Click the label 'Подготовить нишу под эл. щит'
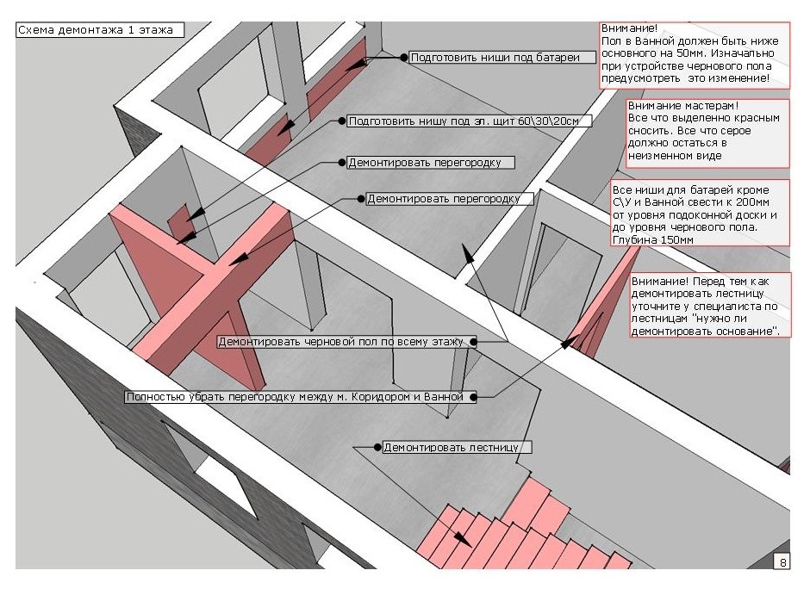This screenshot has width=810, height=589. click(x=470, y=121)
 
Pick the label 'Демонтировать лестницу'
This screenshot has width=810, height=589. click(x=456, y=448)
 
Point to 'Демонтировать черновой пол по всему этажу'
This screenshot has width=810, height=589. click(x=341, y=342)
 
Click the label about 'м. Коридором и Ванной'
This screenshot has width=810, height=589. click(x=295, y=397)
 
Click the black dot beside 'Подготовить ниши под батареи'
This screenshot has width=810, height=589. click(x=402, y=58)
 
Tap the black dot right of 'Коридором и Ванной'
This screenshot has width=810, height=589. click(x=472, y=397)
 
